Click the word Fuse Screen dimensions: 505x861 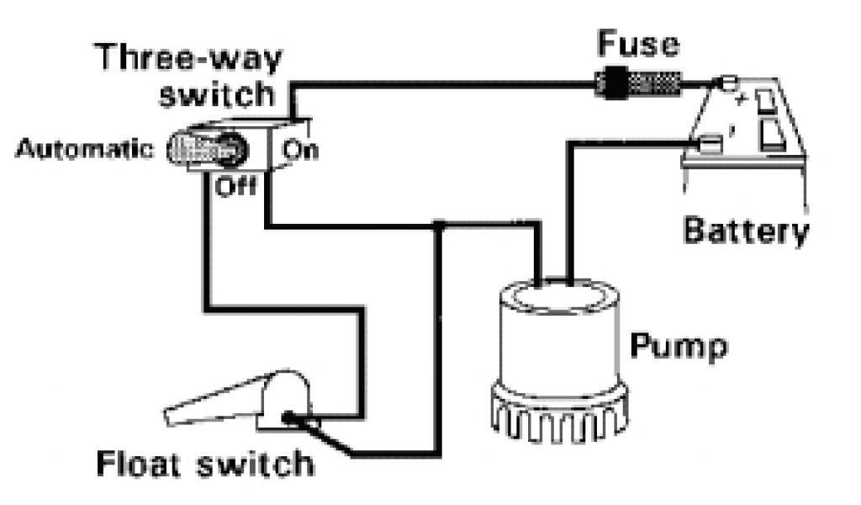[637, 45]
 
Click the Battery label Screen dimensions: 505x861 [746, 231]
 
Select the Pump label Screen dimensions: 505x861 [679, 344]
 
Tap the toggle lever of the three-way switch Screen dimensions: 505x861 [206, 150]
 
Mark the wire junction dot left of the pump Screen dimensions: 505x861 [438, 226]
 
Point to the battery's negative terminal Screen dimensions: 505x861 [709, 146]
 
